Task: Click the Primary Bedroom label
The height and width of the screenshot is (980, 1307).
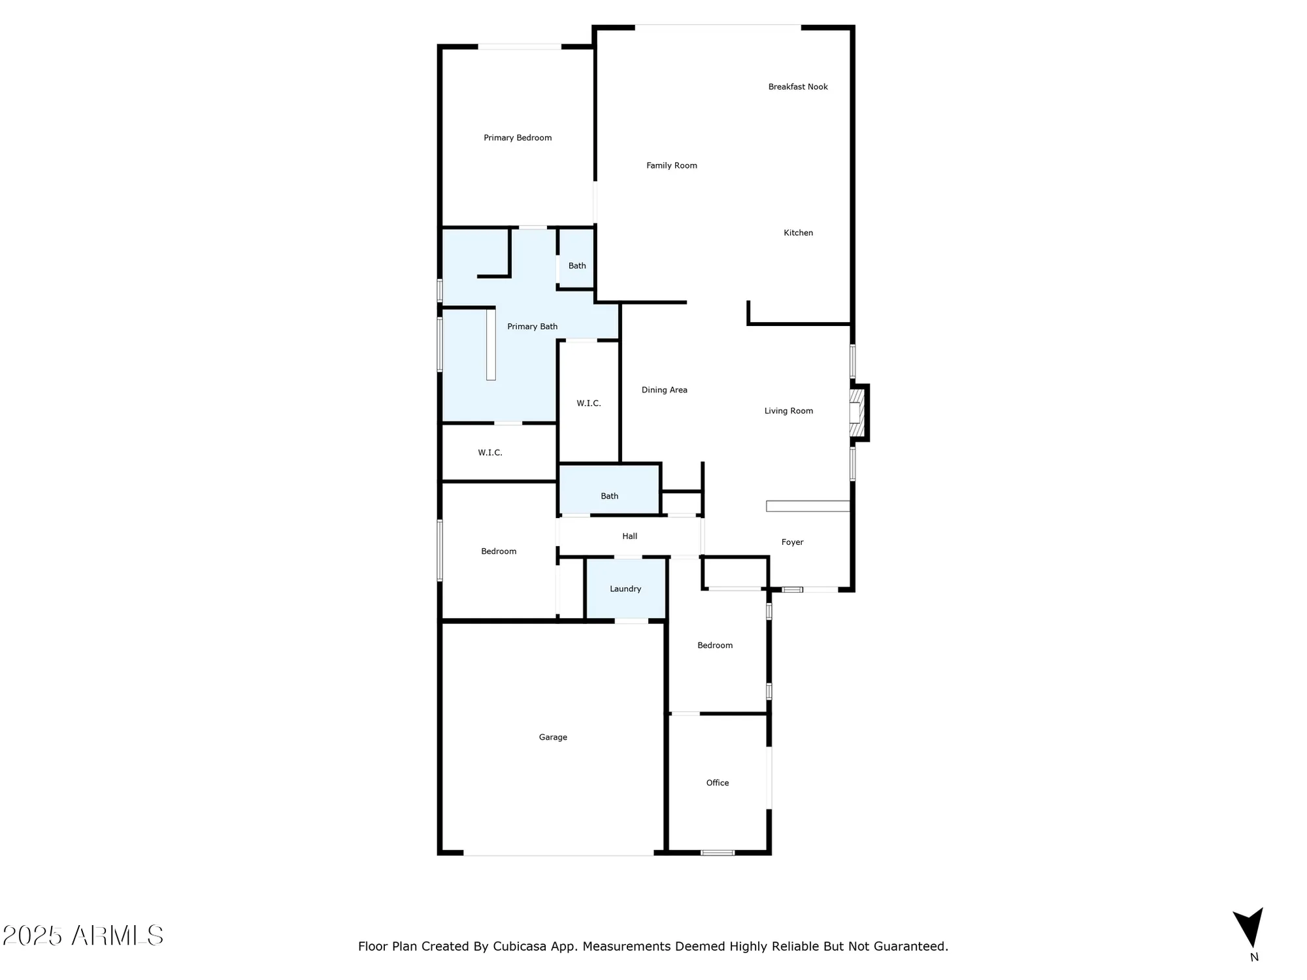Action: pos(518,138)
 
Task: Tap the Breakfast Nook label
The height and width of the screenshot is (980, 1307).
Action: pos(798,87)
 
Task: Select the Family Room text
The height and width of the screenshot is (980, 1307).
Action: pos(672,166)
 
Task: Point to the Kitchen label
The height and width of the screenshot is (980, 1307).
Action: pos(798,233)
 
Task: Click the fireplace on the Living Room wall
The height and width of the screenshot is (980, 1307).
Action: pos(857,413)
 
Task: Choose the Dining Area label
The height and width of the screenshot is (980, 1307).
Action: pos(664,390)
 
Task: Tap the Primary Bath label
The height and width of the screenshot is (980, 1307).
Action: pos(532,327)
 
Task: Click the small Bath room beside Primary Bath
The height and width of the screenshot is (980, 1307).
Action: pos(576,266)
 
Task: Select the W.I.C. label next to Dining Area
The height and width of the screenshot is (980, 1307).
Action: pos(588,404)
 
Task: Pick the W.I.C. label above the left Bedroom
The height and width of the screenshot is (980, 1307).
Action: pos(490,453)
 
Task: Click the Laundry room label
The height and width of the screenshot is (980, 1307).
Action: pos(625,589)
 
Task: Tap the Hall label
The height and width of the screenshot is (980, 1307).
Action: pos(629,536)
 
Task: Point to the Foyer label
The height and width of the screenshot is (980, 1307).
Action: pos(792,542)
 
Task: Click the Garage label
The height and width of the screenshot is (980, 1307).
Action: pos(553,738)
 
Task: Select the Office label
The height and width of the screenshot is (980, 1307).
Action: pos(717,783)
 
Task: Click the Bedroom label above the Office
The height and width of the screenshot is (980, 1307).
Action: pos(715,645)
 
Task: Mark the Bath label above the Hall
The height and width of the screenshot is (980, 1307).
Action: pos(609,497)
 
